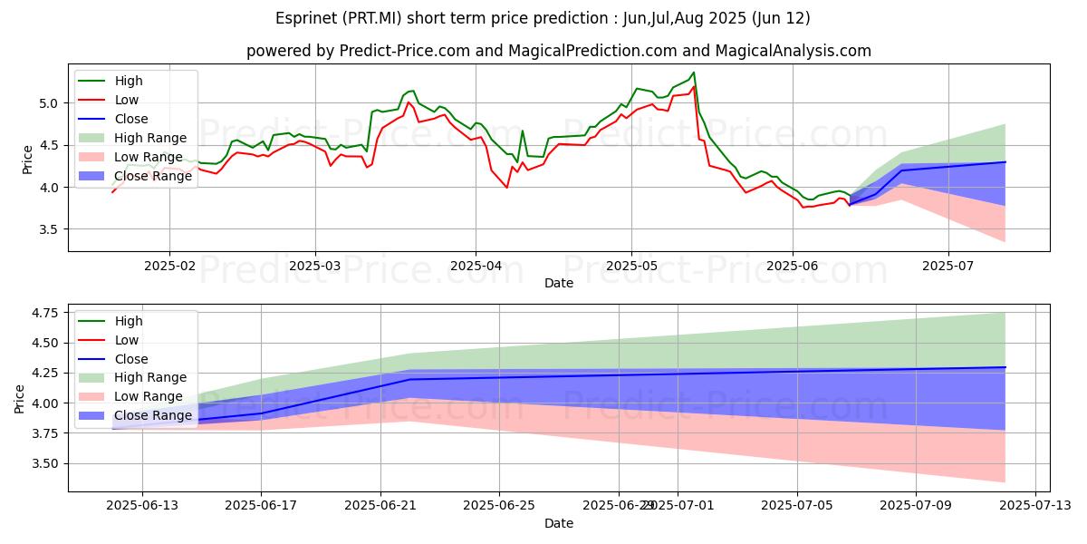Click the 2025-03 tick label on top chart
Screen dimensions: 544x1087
pos(315,264)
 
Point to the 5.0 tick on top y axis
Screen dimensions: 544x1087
pos(51,103)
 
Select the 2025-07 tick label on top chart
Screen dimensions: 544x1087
pos(948,264)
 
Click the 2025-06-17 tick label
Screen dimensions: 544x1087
pos(261,504)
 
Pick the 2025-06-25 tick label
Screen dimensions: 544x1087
pos(499,504)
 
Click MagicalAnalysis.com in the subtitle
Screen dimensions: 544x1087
pos(793,52)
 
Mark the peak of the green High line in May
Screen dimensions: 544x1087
pos(694,73)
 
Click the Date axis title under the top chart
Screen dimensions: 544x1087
pos(558,283)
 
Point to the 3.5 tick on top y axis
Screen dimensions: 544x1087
pos(51,229)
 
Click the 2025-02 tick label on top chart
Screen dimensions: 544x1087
pos(169,264)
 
